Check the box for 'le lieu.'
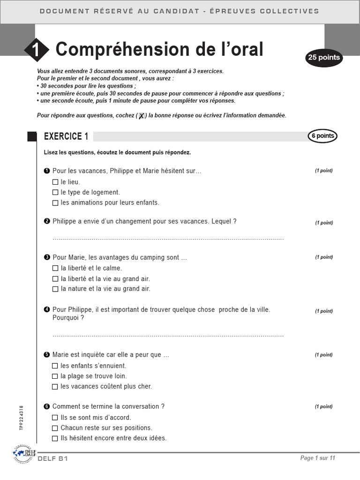point(55,182)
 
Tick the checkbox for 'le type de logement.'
point(55,192)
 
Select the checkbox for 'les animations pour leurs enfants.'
point(55,203)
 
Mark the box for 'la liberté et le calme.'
point(55,269)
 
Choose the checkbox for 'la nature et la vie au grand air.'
point(55,289)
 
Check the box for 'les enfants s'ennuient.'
point(55,366)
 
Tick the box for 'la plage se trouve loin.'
point(55,376)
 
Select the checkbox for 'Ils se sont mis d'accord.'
point(55,418)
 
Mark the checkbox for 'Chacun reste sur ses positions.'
point(55,428)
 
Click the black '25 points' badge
point(323,58)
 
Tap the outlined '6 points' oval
point(322,136)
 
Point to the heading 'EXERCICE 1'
point(66,136)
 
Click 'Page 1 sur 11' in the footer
point(317,458)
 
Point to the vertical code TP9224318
point(22,418)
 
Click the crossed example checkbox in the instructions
point(141,116)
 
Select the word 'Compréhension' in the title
point(117,49)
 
